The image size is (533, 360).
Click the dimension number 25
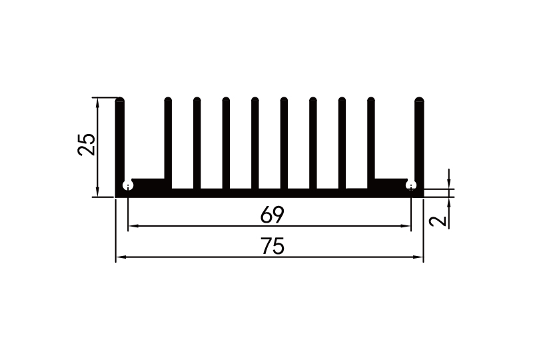[87, 145]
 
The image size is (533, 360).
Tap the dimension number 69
[272, 215]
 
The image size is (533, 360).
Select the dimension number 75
[272, 247]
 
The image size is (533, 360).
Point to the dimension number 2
[438, 221]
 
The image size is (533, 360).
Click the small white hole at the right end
[412, 185]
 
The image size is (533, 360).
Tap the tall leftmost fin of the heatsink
[120, 140]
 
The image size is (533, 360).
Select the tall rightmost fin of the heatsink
[419, 140]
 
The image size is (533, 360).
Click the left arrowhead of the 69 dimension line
[132, 227]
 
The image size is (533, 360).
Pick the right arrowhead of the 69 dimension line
[407, 227]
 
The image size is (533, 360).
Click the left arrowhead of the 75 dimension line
[120, 257]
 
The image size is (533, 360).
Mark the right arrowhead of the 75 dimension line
[419, 257]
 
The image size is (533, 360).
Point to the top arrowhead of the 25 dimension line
[98, 102]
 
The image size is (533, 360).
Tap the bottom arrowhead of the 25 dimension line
[98, 193]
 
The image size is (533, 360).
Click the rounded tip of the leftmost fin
[120, 101]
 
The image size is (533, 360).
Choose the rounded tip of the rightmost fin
[419, 101]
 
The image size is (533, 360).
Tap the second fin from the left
[168, 140]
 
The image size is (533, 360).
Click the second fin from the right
[371, 140]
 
